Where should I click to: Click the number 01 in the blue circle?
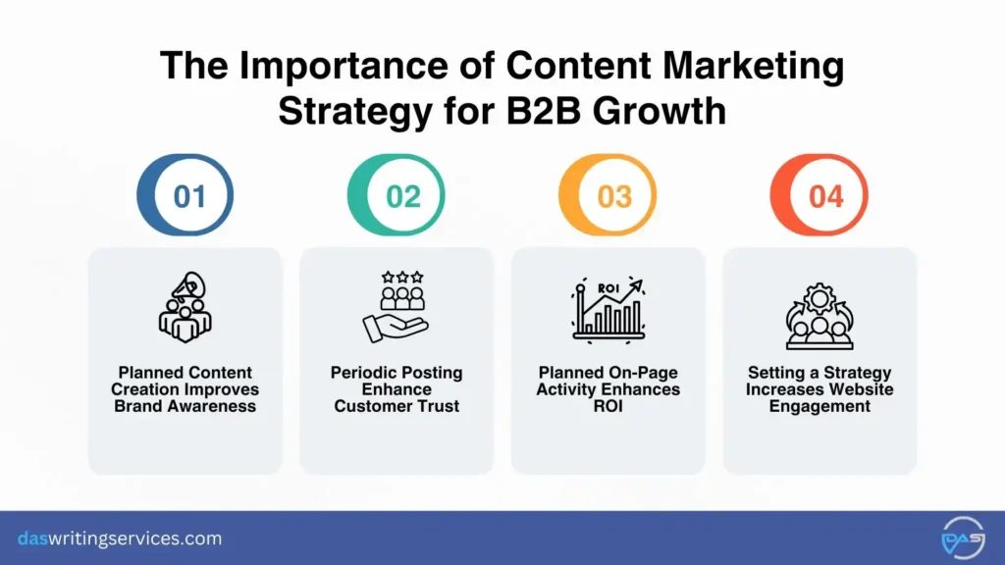189,196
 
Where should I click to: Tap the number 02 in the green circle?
402,196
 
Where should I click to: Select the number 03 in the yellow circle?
614,196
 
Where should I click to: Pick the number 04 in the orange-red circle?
826,196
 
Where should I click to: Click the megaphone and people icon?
185,306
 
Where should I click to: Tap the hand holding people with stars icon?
397,306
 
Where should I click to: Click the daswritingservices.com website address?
120,539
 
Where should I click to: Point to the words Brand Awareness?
185,406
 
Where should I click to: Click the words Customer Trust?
397,406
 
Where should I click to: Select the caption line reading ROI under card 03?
608,406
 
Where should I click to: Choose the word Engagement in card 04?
820,406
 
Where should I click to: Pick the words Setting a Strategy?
820,373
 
